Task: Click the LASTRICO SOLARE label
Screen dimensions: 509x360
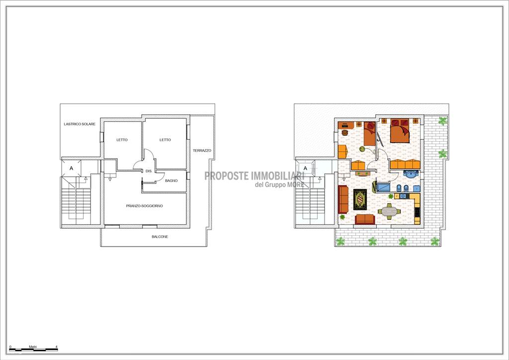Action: [80, 124]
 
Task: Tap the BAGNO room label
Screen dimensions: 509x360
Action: [171, 180]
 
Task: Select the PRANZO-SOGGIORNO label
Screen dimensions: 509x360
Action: [145, 206]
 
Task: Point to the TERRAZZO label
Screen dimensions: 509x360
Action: [202, 151]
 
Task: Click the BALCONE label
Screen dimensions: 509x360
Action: [160, 237]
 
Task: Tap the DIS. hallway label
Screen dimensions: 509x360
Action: [149, 171]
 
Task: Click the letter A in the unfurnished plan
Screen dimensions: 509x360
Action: [72, 169]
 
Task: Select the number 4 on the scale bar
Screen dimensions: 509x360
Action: [57, 347]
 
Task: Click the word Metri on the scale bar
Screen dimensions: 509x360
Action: [33, 347]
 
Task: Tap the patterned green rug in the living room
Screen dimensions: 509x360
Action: [360, 199]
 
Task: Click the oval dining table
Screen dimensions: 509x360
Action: [389, 212]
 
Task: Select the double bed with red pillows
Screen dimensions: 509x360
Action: [399, 131]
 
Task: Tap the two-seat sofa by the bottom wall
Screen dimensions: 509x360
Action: [365, 219]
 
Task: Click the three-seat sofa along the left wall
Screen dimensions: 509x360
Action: [343, 199]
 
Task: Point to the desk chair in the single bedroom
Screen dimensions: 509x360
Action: [344, 132]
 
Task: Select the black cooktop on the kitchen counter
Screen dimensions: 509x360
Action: [417, 212]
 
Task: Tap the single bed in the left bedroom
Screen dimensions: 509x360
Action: [369, 133]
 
